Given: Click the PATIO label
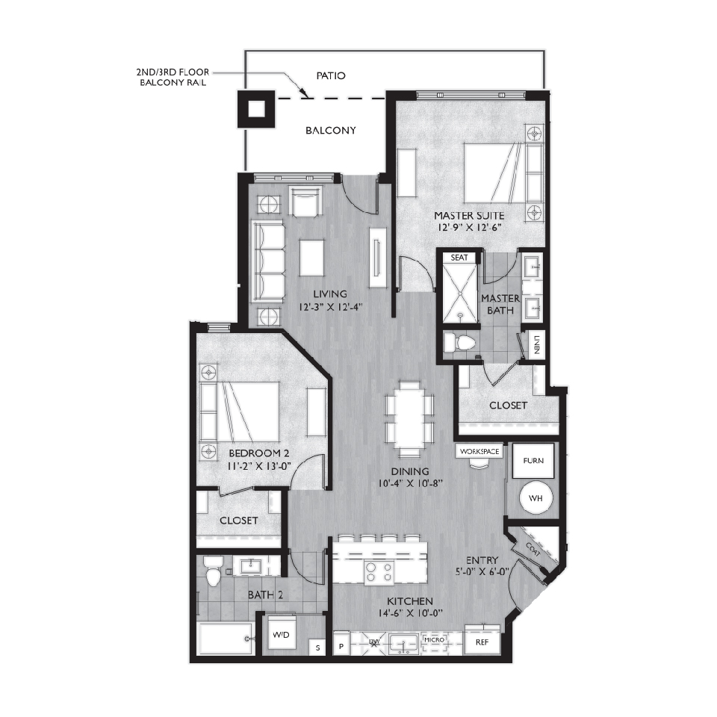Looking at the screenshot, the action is click(x=331, y=75).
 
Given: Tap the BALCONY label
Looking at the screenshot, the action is click(x=331, y=130).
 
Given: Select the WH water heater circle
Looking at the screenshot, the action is click(x=536, y=498).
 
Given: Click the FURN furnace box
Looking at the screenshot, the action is click(x=533, y=461).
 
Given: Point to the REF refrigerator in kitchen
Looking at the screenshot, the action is click(x=482, y=642).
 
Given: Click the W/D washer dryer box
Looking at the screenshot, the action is click(x=281, y=635).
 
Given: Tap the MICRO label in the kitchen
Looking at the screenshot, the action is click(x=433, y=640).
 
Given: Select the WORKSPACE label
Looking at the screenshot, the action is click(x=479, y=451).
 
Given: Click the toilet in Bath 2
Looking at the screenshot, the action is click(x=213, y=571).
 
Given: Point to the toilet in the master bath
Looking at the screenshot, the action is click(x=461, y=342).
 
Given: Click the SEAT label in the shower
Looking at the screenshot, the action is click(x=459, y=258).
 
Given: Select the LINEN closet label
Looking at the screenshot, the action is click(x=536, y=345).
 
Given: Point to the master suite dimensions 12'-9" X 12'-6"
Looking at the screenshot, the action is click(x=470, y=227).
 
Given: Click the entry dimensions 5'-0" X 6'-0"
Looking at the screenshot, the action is click(x=482, y=571).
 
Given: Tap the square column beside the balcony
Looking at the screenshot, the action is click(x=256, y=109).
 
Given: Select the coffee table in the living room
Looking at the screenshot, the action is click(x=312, y=258).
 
